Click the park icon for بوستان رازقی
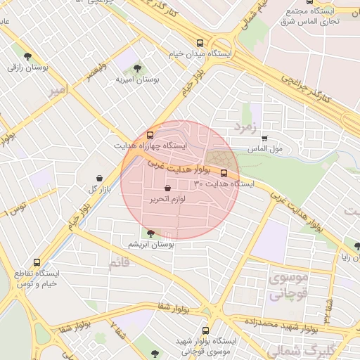27,56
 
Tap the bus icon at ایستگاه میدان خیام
201,42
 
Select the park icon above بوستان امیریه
136,68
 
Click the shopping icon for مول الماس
265,138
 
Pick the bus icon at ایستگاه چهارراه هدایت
149,134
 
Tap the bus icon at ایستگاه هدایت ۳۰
224,172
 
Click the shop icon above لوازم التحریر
167,188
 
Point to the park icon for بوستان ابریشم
150,233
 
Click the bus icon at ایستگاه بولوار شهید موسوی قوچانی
206,330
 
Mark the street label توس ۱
14,208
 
